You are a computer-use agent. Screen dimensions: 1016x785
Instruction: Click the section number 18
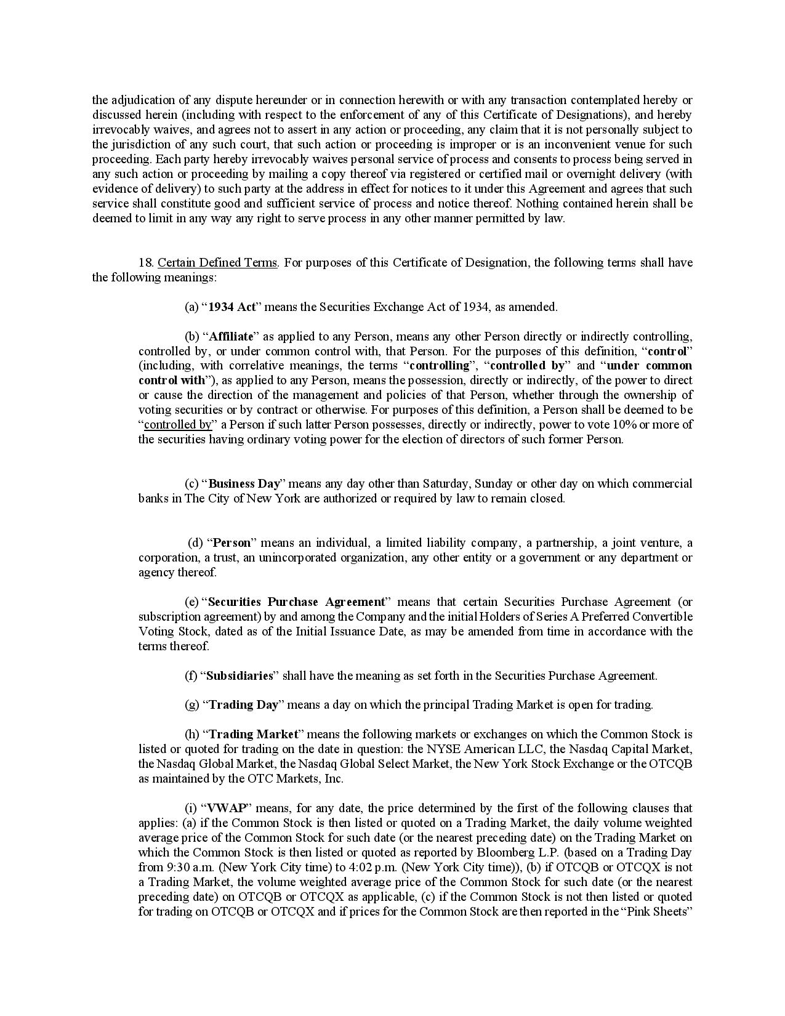[x=145, y=263]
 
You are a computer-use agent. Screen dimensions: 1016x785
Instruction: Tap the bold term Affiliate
[x=231, y=336]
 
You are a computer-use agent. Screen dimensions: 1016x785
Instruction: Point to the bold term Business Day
[x=244, y=484]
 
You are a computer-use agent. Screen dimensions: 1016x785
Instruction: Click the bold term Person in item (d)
[x=231, y=543]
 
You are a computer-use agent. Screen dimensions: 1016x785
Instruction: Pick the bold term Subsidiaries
[x=240, y=675]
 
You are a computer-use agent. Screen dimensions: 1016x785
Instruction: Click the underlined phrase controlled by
[x=178, y=425]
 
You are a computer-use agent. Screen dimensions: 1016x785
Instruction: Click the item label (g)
[x=191, y=704]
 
